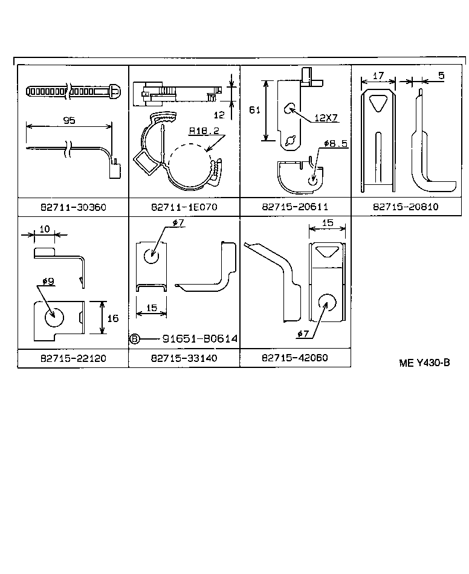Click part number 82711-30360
click(x=73, y=207)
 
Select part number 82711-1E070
click(x=184, y=207)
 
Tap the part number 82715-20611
click(x=295, y=207)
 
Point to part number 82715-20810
click(x=406, y=207)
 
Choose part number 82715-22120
click(x=73, y=358)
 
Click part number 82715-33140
click(x=184, y=358)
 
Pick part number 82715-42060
click(x=295, y=358)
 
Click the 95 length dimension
click(x=69, y=120)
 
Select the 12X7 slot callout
click(x=326, y=118)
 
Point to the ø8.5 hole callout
click(x=335, y=144)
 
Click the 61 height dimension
click(x=255, y=109)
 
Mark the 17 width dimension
click(x=378, y=76)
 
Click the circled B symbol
click(x=135, y=340)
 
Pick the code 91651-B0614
click(x=200, y=340)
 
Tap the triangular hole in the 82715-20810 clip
click(x=378, y=103)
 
